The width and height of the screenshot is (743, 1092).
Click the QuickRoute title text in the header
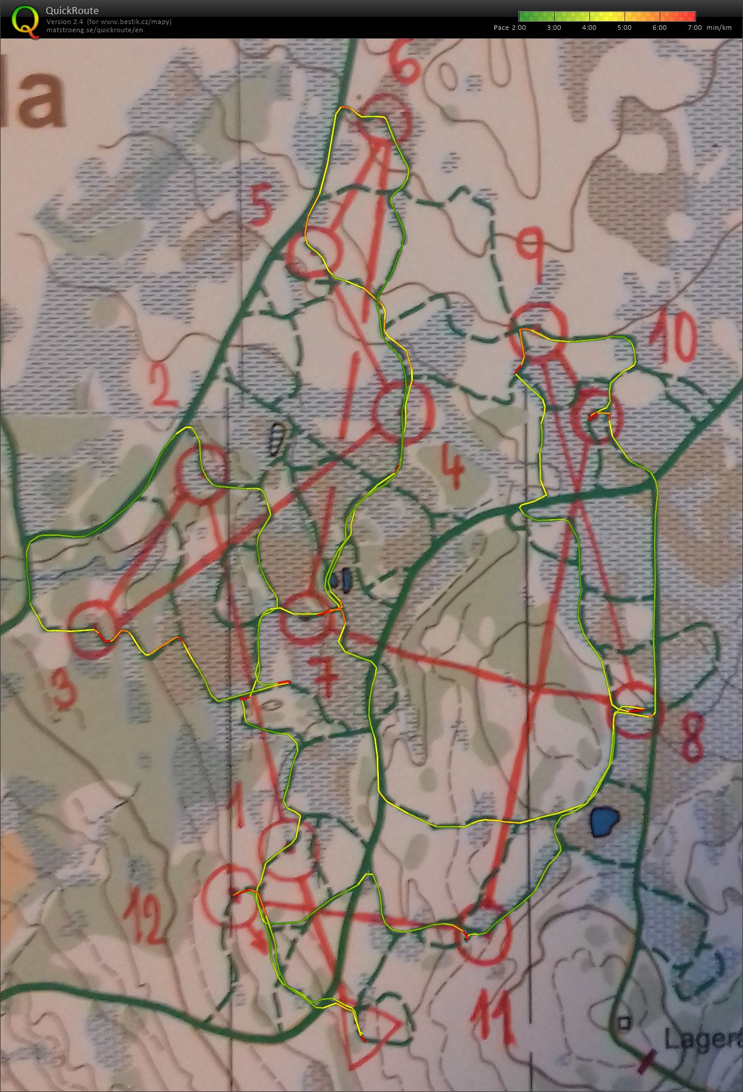[72, 11]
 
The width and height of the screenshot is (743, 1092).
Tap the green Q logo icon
[23, 19]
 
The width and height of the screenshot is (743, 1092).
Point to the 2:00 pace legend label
[518, 28]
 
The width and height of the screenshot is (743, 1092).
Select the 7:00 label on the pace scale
[695, 28]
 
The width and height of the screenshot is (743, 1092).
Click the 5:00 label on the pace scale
[624, 28]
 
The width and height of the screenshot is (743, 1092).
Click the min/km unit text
[720, 28]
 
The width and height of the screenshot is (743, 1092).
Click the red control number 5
[260, 206]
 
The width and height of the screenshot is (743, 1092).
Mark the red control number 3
[65, 688]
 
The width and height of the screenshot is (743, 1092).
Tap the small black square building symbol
[624, 1022]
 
